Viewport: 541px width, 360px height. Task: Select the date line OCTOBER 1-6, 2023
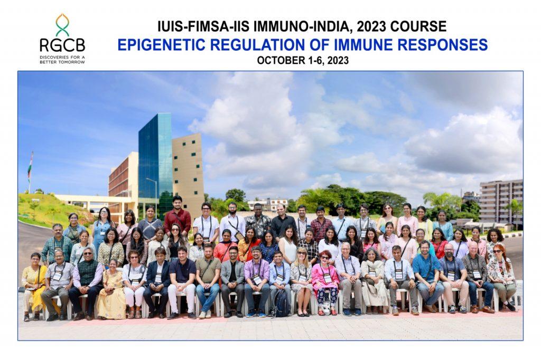[x=303, y=60]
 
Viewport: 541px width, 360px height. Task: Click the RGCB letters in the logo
[x=62, y=45]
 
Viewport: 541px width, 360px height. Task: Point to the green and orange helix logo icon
[x=62, y=25]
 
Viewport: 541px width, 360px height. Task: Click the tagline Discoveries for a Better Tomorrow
[x=62, y=60]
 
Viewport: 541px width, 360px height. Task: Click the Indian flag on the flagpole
[x=30, y=168]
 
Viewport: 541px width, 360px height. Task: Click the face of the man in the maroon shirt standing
[x=177, y=202]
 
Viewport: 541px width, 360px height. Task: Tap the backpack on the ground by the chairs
[x=282, y=304]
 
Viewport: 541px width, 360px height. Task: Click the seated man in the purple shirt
[x=257, y=281]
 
